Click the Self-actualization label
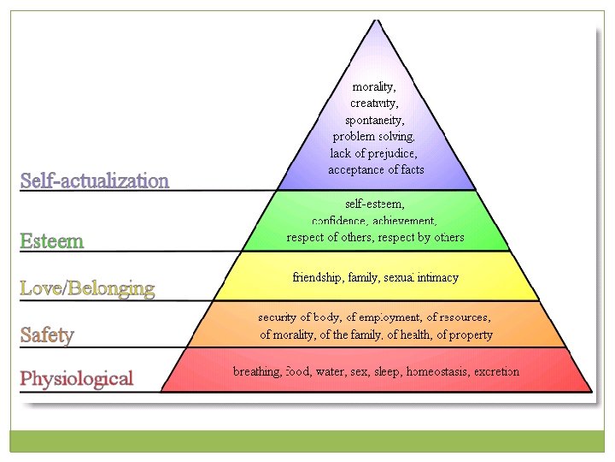[94, 181]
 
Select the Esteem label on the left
[52, 240]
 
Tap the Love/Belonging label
[87, 288]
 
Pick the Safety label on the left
[47, 335]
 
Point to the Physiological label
[76, 378]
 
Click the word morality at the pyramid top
[374, 86]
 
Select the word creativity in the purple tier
[374, 104]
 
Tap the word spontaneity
[375, 120]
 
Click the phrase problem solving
[374, 136]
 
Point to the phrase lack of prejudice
[374, 153]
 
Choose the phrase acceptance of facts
[376, 169]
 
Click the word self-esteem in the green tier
[375, 204]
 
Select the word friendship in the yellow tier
[318, 277]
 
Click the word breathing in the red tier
[256, 371]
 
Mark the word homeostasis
[437, 371]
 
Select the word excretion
[495, 371]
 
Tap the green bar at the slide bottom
[307, 441]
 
